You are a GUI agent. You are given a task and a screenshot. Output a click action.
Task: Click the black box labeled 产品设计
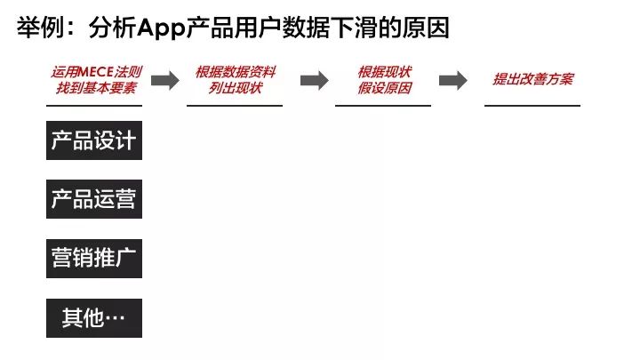click(x=94, y=140)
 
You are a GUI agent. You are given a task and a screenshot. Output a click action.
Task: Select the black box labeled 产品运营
click(x=94, y=199)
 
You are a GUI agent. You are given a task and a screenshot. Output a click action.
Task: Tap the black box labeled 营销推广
click(x=94, y=259)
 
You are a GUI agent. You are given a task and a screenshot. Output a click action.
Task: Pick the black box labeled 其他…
click(x=94, y=318)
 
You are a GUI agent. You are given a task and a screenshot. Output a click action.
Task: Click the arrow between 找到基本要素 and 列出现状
click(x=165, y=80)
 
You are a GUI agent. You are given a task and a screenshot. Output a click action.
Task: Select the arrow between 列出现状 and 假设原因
click(x=315, y=80)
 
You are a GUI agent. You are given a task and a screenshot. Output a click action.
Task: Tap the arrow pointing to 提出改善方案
click(x=453, y=80)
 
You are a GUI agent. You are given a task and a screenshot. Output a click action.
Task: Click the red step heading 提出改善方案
click(x=533, y=79)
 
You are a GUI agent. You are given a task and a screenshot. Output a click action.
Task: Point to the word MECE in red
click(x=95, y=72)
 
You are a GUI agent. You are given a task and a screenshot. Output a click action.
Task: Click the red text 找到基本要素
click(x=96, y=88)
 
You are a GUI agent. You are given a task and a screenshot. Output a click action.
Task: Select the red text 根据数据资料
click(x=236, y=72)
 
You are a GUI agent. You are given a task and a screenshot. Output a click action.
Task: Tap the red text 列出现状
click(x=235, y=88)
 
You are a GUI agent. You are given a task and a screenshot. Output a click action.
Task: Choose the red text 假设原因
click(x=385, y=88)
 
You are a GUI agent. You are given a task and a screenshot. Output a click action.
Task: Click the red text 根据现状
click(x=385, y=72)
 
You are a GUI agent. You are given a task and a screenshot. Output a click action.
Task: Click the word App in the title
click(x=161, y=28)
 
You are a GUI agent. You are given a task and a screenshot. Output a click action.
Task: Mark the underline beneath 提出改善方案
click(x=532, y=106)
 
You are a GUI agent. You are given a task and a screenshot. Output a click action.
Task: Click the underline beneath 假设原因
click(x=383, y=106)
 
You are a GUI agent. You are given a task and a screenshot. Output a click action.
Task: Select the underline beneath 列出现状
click(x=235, y=106)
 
